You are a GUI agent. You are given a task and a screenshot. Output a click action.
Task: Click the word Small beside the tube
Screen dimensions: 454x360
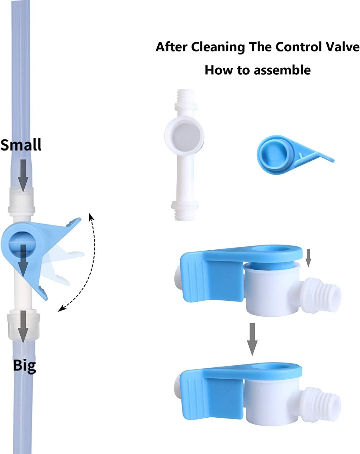pyautogui.click(x=21, y=145)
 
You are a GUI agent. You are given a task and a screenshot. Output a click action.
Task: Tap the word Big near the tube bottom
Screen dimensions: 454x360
pyautogui.click(x=24, y=365)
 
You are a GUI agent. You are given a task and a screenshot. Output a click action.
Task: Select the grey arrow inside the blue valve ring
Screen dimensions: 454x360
pyautogui.click(x=23, y=260)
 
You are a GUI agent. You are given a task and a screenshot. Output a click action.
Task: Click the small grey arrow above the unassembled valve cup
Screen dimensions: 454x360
pyautogui.click(x=308, y=258)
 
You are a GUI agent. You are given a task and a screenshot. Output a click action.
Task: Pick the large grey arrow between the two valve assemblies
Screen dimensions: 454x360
pyautogui.click(x=252, y=339)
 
